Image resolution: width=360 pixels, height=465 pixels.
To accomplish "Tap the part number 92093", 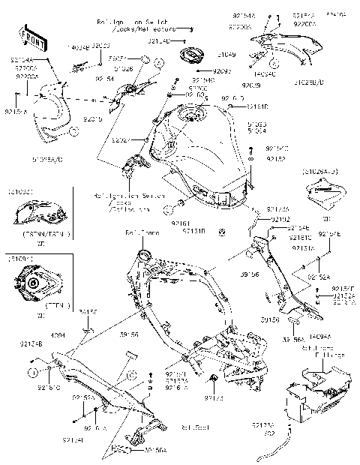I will [223, 72].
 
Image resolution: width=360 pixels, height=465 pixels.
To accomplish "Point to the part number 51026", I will [145, 69].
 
